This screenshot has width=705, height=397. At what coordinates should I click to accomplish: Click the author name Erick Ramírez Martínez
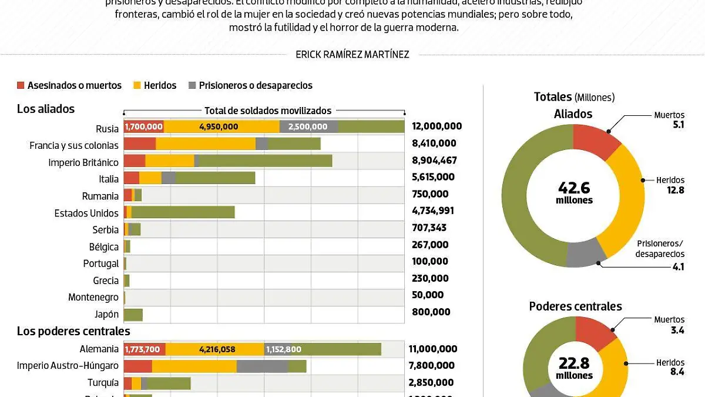(x=352, y=55)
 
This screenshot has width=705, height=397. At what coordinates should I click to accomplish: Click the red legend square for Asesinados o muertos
(x=21, y=85)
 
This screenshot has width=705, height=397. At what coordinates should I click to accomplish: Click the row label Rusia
(x=107, y=129)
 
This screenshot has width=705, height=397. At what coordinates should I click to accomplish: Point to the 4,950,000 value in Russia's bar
(x=219, y=126)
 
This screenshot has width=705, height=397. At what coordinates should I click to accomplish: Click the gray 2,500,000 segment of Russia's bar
(x=308, y=126)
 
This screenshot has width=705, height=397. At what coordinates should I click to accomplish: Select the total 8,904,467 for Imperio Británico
(x=434, y=160)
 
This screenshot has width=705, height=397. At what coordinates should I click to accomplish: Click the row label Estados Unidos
(x=86, y=213)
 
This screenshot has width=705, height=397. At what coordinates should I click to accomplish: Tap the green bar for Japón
(x=133, y=314)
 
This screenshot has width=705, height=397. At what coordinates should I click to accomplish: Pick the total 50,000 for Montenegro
(x=428, y=295)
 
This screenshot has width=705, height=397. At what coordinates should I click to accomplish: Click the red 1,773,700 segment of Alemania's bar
(x=144, y=349)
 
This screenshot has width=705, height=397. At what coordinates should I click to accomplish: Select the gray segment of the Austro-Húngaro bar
(x=262, y=366)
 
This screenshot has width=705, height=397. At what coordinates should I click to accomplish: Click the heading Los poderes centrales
(x=73, y=332)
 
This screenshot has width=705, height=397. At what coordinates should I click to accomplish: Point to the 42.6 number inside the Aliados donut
(x=574, y=188)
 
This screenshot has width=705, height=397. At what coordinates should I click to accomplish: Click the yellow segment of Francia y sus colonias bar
(x=206, y=144)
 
